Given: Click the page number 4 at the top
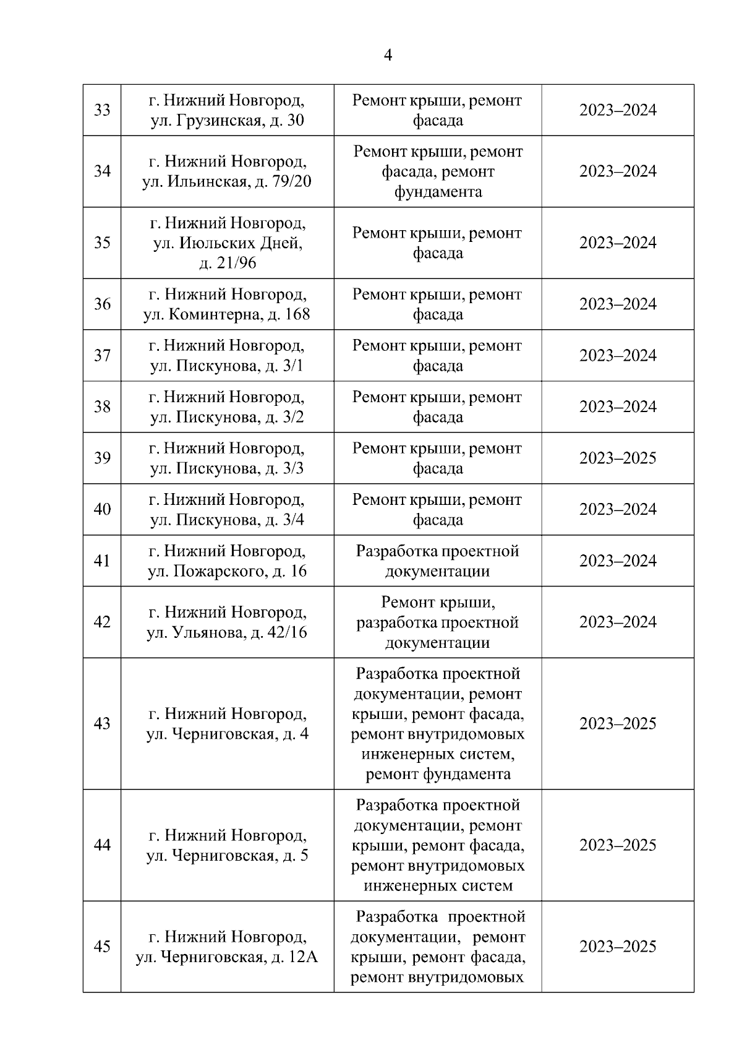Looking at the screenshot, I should pos(388,56).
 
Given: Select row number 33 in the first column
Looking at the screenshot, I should pos(102,110).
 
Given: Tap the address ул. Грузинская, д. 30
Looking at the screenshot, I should pos(227,121).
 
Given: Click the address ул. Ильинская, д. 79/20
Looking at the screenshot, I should pos(227,182).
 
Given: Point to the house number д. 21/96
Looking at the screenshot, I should pos(227,263).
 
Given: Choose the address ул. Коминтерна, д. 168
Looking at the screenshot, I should pos(227,314).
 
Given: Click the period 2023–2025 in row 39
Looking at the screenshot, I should pos(617,458).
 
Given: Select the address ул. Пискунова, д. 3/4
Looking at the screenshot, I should pos(227,520).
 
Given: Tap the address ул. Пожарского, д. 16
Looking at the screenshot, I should pos(227,571).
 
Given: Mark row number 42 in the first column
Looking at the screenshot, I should pos(102,622).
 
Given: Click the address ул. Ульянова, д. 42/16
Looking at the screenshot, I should pos(227,632).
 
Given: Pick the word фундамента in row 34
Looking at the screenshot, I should pos(437,192).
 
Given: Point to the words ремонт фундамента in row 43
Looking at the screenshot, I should pos(437,774).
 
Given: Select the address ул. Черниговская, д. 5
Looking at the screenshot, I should pos(227,856).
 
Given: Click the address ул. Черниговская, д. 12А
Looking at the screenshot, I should pos(227,957).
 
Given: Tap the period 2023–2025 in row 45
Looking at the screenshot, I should pos(617,947).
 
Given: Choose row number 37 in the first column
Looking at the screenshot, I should pos(102,355).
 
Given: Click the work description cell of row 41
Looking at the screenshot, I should pos(437,561).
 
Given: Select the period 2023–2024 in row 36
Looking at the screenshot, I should pos(617,304).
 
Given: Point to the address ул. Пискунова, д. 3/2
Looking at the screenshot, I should pos(227,417).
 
